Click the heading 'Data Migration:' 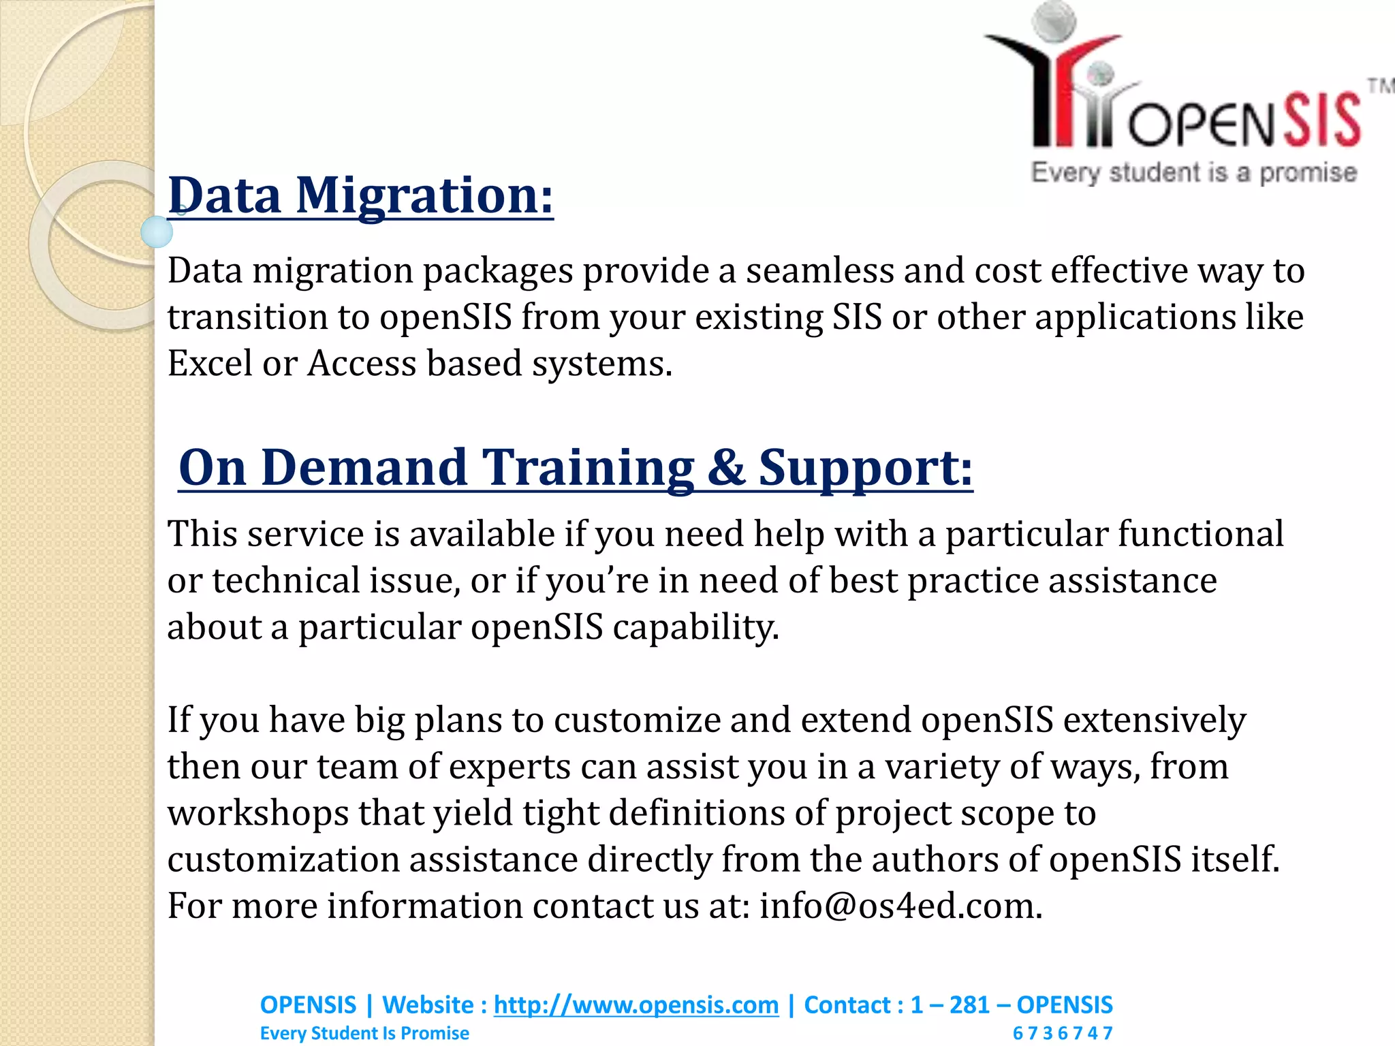(x=360, y=195)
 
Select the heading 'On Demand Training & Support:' (x=576, y=468)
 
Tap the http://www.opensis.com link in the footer (x=636, y=1005)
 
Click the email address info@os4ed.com (x=900, y=906)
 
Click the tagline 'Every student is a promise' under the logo (x=1193, y=172)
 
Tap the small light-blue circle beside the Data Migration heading (x=157, y=232)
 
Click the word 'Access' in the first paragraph (x=361, y=364)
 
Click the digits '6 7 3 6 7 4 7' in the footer (x=1062, y=1033)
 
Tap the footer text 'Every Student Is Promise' (x=364, y=1033)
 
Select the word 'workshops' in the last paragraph (x=257, y=814)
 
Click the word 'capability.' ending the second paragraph (x=695, y=627)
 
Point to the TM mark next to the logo (x=1380, y=86)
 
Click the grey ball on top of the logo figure (x=1053, y=19)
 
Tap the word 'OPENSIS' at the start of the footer (x=308, y=1005)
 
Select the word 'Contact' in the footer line (x=847, y=1005)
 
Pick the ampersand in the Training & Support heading (x=726, y=468)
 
